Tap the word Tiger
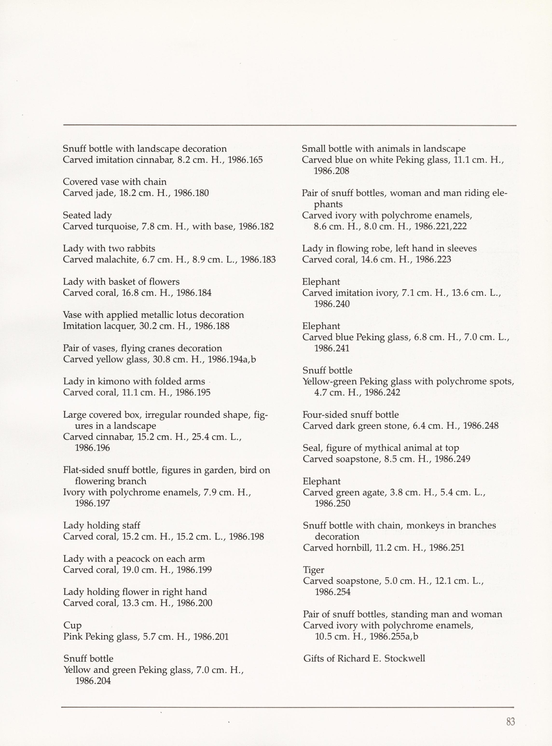313,570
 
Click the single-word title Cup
72,626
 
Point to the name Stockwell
405,659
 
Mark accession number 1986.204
93,681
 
